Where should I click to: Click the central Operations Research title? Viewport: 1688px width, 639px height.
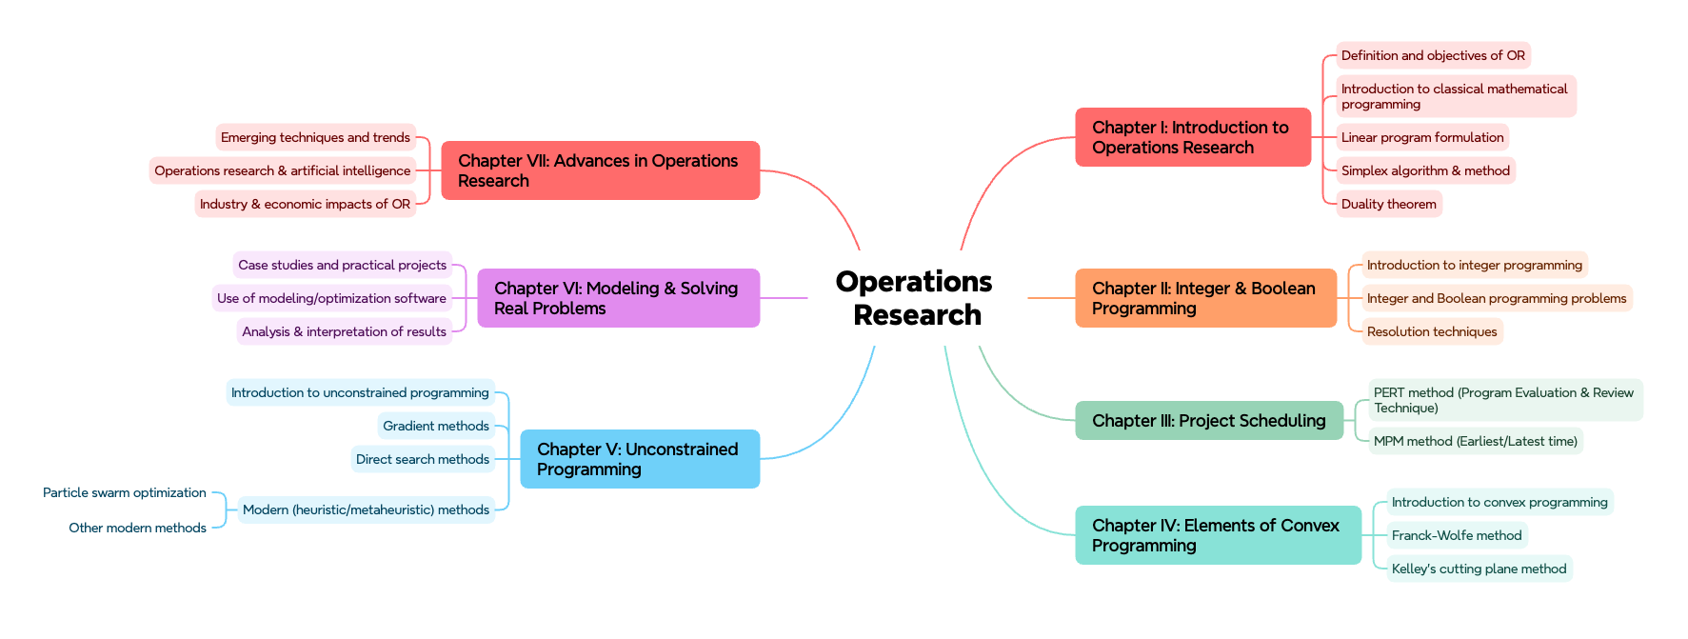click(915, 298)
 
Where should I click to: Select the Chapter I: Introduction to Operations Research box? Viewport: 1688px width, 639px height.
click(1192, 137)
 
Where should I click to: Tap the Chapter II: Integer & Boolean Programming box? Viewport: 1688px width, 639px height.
click(1205, 298)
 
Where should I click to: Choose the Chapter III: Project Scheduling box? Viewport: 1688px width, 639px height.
click(1208, 421)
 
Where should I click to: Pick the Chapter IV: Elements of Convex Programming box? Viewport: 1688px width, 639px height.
click(1217, 535)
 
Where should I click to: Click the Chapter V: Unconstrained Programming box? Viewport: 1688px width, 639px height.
click(639, 459)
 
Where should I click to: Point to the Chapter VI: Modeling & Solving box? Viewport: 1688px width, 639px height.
click(618, 298)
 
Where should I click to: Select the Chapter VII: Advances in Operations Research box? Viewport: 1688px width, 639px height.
click(600, 170)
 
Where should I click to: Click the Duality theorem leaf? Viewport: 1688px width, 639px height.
click(1388, 204)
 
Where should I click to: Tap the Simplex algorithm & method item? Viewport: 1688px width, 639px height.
click(1424, 170)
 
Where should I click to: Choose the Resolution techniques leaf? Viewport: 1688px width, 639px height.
click(1431, 331)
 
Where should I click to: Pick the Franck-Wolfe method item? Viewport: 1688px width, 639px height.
click(1456, 535)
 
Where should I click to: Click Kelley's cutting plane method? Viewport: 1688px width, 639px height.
click(1478, 569)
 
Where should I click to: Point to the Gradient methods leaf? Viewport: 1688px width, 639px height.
click(436, 426)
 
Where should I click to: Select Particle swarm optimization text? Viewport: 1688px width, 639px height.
click(125, 492)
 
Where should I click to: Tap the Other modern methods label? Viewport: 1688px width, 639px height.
click(137, 528)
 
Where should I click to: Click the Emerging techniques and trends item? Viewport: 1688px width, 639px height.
click(315, 137)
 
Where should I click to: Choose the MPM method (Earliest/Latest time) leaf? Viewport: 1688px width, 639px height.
click(1475, 441)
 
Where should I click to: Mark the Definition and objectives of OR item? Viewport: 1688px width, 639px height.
click(1432, 55)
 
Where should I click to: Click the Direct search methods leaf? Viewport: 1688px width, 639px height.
click(423, 459)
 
